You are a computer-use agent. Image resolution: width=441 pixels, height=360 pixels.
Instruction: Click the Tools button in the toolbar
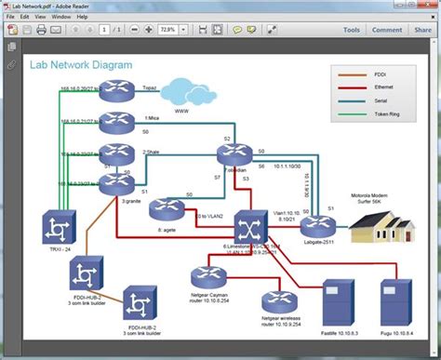[351, 30]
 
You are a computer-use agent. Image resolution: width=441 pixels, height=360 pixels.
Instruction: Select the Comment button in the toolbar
[387, 30]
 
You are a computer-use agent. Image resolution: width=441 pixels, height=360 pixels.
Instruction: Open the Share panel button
[422, 30]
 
